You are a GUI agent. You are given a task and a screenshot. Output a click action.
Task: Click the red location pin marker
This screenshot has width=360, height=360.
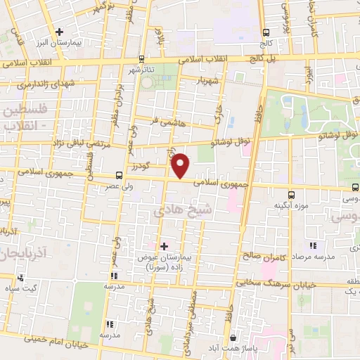pos(181,165)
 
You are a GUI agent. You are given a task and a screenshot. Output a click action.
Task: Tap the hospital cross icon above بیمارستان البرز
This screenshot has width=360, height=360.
pos(60,32)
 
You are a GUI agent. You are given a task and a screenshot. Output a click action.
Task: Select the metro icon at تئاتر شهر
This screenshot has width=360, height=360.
pos(142,59)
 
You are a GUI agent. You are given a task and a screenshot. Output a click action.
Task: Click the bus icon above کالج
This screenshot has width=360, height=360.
pos(266,32)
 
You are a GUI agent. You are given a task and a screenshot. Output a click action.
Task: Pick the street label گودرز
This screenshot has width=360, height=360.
pos(140,166)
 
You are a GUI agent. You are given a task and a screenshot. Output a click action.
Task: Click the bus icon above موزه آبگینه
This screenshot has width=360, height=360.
pos(292,195)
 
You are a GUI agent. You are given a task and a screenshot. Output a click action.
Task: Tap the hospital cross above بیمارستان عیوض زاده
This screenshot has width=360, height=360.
pos(164,246)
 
